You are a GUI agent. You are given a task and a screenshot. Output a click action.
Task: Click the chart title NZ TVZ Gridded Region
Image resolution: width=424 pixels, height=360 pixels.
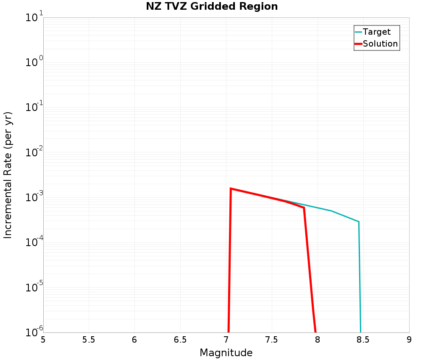(x=212, y=7)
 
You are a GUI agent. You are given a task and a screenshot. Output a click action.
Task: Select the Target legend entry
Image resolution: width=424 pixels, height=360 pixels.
(x=377, y=32)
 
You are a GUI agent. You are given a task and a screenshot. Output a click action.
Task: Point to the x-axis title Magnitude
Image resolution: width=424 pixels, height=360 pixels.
(x=226, y=353)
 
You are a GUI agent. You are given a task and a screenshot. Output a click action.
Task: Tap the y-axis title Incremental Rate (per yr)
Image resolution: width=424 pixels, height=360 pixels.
(x=8, y=175)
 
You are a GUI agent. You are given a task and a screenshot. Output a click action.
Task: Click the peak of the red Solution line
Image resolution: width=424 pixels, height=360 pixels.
(x=231, y=188)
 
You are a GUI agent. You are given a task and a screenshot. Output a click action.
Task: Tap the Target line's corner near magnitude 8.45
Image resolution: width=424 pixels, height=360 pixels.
(x=359, y=222)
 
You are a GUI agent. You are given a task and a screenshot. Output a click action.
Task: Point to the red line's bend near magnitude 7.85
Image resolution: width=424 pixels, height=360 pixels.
(x=304, y=208)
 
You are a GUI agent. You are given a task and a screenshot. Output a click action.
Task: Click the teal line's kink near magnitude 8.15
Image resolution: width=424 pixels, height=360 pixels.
(x=331, y=211)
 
